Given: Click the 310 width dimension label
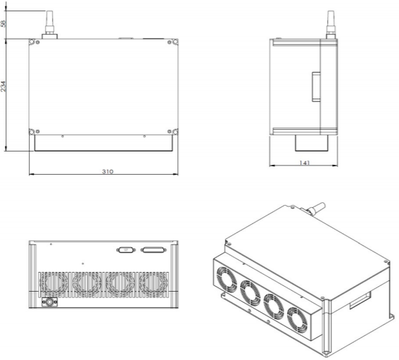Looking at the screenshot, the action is click(108, 171).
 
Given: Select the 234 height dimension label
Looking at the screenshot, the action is click(3, 87).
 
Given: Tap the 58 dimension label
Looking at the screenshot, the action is click(3, 24).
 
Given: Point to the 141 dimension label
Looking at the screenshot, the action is click(305, 163).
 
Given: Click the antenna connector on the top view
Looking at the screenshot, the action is click(49, 25).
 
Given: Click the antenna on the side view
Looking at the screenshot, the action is click(331, 25).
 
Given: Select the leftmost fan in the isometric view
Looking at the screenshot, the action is click(226, 280).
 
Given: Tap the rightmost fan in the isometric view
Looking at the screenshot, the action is click(297, 320).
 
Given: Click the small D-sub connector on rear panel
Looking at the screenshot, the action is click(126, 250).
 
